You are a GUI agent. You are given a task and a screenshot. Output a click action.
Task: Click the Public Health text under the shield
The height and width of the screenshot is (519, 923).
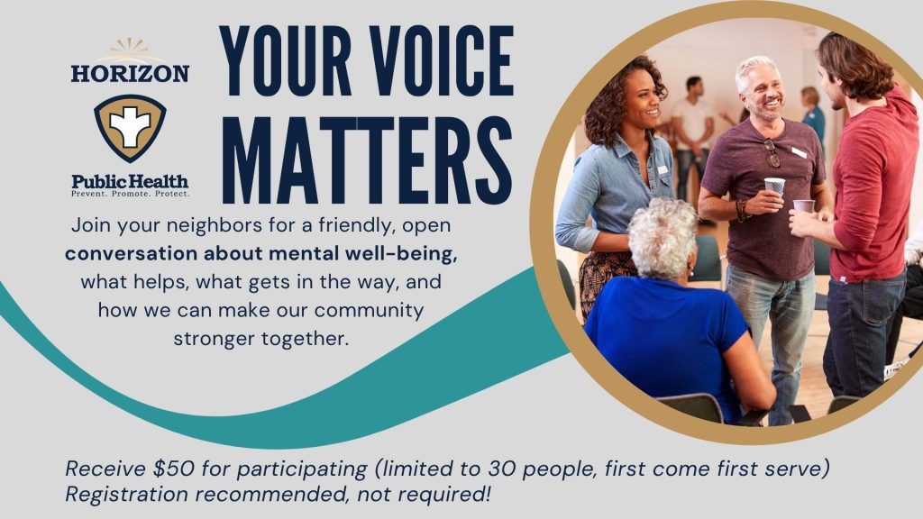click(x=130, y=180)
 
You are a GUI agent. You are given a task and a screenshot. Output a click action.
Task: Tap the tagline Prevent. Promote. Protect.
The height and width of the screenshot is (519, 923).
click(x=130, y=193)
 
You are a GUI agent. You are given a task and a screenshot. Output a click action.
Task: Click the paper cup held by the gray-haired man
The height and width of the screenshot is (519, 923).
click(x=774, y=188)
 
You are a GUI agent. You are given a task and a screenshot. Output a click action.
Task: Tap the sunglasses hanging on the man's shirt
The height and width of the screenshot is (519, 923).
click(x=772, y=153)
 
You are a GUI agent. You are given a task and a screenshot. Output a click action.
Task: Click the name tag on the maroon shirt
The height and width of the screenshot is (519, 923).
click(x=798, y=152)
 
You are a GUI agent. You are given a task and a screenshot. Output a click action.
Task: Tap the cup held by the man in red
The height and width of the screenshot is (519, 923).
click(x=804, y=206)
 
